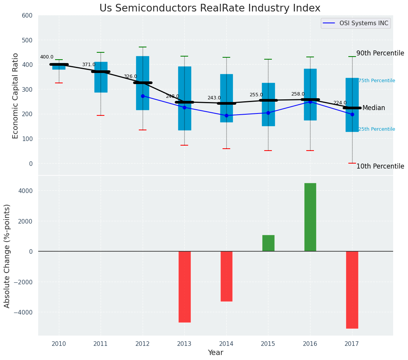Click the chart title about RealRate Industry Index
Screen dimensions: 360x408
pyautogui.click(x=210, y=8)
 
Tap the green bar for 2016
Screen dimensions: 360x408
pyautogui.click(x=310, y=217)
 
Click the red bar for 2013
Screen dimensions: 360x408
pyautogui.click(x=184, y=287)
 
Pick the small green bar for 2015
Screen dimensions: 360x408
pyautogui.click(x=268, y=243)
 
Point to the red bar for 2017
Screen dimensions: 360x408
pyautogui.click(x=352, y=290)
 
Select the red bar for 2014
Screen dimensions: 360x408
pyautogui.click(x=226, y=276)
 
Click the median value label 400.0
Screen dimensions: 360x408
pyautogui.click(x=47, y=57)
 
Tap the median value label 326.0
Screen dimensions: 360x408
pyautogui.click(x=130, y=76)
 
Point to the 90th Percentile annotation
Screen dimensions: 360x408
pyautogui.click(x=380, y=53)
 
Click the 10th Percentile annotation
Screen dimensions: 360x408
pyautogui.click(x=380, y=166)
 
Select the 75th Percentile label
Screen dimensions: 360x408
pyautogui.click(x=377, y=81)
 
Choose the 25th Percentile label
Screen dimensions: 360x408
pyautogui.click(x=377, y=129)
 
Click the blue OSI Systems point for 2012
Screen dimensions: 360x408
pyautogui.click(x=143, y=96)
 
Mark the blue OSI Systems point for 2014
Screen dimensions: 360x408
pyautogui.click(x=226, y=115)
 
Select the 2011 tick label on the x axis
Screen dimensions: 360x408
pyautogui.click(x=101, y=344)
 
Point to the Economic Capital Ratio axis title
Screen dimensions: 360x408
pyautogui.click(x=15, y=96)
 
